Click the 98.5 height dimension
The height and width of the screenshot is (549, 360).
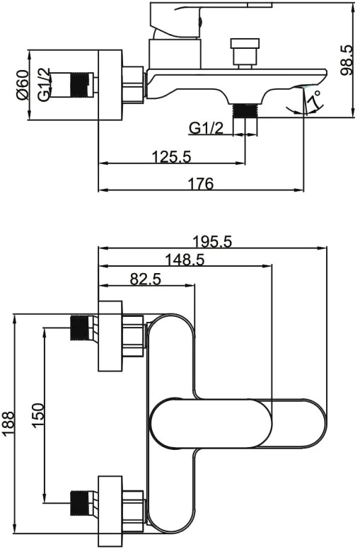347,60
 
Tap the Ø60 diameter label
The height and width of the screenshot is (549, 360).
23,85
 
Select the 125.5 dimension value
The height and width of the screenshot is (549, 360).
171,156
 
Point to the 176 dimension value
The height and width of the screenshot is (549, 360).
201,183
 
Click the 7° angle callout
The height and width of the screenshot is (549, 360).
314,100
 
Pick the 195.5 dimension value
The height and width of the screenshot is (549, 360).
212,241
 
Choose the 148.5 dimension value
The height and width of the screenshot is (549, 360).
185,260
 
